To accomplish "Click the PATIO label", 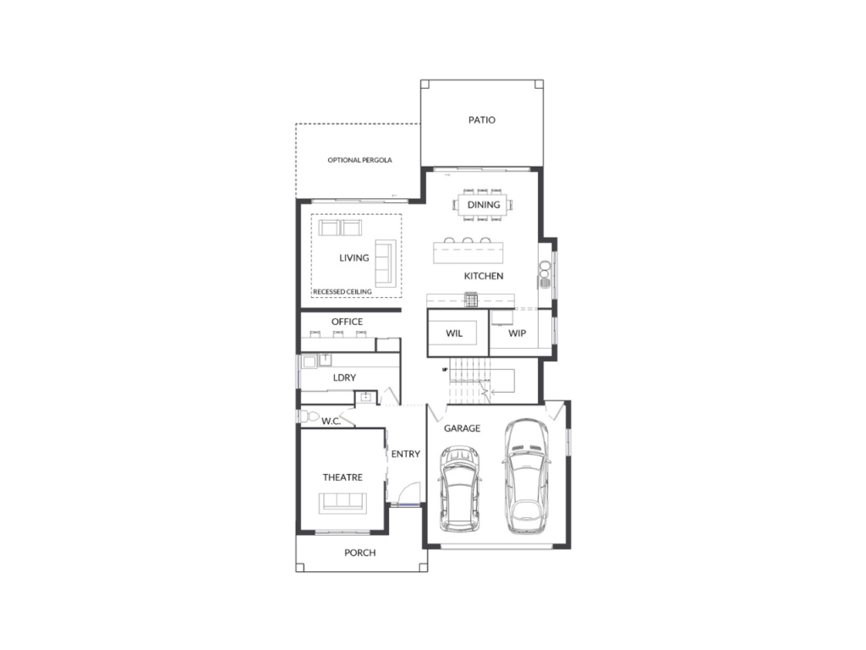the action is [x=481, y=120].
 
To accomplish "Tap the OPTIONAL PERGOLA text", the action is [x=359, y=160].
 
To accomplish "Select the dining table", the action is [x=483, y=205].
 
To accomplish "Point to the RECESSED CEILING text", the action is [x=343, y=291].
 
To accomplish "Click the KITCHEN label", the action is [x=483, y=276].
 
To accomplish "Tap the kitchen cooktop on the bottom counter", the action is [x=470, y=300].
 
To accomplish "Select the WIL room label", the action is [x=454, y=333].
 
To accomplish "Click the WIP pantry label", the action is [x=517, y=333].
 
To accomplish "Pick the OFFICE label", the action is [x=347, y=322].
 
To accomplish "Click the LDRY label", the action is [x=344, y=377].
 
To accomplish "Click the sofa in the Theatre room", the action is [x=343, y=503].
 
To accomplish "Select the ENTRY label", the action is [x=405, y=454].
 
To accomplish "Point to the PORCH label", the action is [x=359, y=553].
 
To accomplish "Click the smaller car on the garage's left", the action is [x=459, y=488].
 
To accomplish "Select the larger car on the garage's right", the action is [x=526, y=476].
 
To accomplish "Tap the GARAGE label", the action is [x=462, y=428].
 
